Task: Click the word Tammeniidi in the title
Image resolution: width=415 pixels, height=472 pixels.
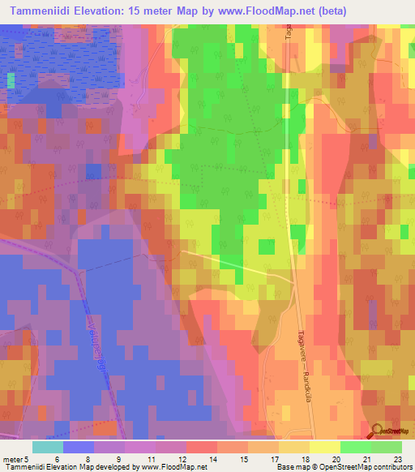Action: click(37, 11)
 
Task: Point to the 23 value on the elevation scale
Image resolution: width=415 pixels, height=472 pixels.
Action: click(396, 460)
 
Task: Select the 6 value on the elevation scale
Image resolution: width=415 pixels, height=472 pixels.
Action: click(57, 460)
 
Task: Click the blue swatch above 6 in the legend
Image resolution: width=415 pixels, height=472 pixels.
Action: click(79, 447)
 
